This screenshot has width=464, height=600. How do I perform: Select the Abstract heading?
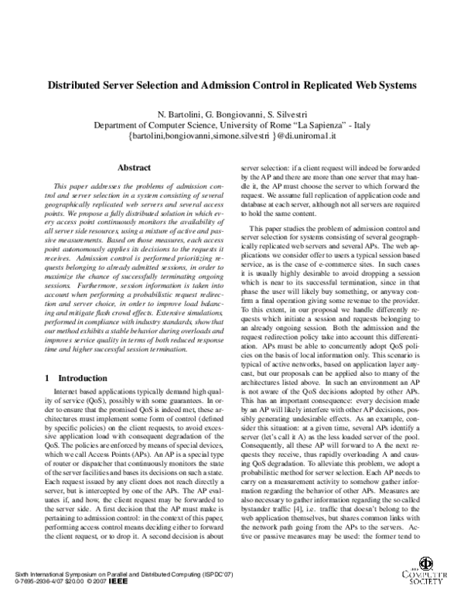[x=132, y=166]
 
